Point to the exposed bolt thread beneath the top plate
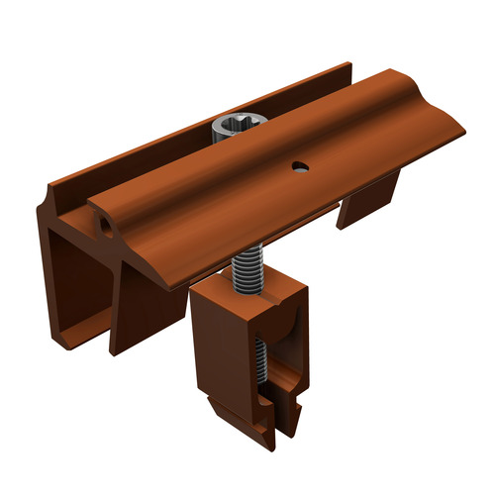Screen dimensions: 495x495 [244, 273]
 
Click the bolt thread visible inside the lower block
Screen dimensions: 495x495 [259, 366]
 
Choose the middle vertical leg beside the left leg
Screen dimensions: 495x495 [129, 307]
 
